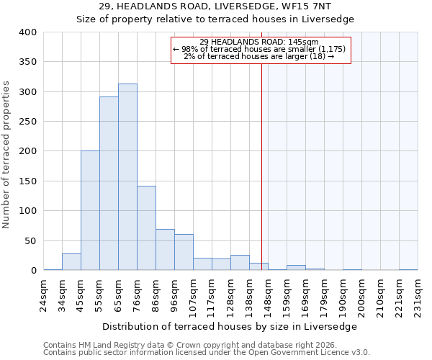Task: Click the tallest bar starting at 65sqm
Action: point(127,177)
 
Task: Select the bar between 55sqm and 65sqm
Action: point(109,184)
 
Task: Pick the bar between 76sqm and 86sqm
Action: point(146,228)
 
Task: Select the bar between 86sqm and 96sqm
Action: point(165,250)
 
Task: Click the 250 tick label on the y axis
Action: point(27,122)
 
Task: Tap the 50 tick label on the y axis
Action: point(30,240)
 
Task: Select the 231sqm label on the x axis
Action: point(418,295)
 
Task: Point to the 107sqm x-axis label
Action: point(194,295)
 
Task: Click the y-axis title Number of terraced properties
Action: point(7,155)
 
